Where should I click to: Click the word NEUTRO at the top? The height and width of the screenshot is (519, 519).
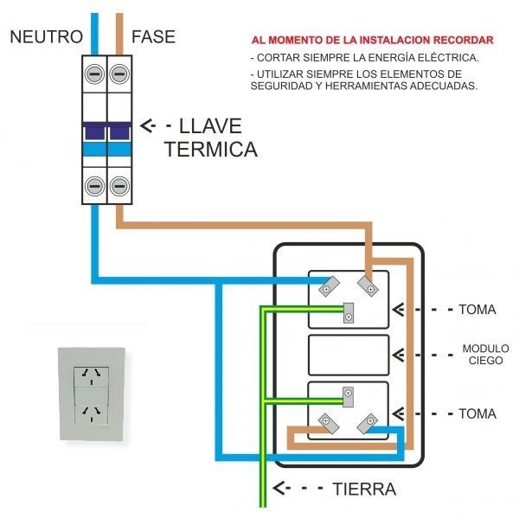46,36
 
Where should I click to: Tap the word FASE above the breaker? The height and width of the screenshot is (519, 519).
153,36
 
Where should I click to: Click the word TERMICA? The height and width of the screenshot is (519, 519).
210,149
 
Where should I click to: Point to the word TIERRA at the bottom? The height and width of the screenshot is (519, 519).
364,490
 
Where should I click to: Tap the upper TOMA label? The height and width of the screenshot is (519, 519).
477,309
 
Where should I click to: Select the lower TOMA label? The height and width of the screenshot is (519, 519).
477,414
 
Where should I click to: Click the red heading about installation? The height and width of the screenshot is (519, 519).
373,41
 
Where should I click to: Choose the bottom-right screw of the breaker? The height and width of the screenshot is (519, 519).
119,185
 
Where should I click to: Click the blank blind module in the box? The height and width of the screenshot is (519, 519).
349,355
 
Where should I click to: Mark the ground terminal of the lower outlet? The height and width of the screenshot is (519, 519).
348,397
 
